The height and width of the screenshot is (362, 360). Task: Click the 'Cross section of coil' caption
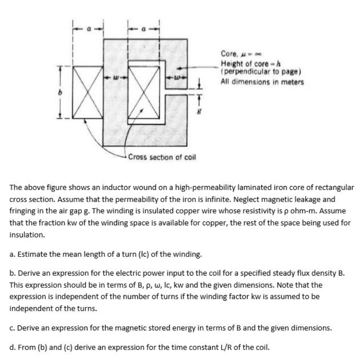pyautogui.click(x=161, y=157)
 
